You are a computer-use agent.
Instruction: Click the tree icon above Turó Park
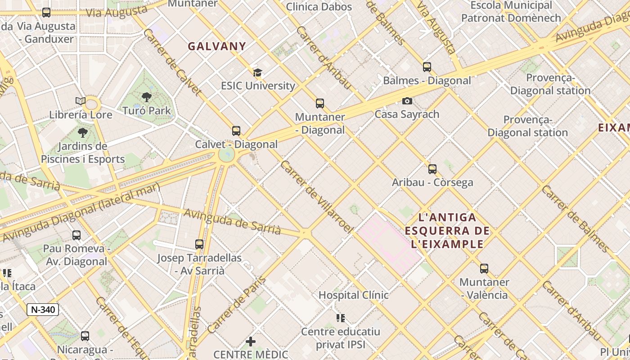pyautogui.click(x=146, y=97)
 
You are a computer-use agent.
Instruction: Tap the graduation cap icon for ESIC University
pyautogui.click(x=257, y=72)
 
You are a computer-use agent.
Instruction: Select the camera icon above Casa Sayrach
pyautogui.click(x=407, y=101)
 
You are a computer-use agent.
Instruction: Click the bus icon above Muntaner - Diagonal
pyautogui.click(x=320, y=103)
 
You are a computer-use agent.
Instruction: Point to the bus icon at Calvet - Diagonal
pyautogui.click(x=236, y=131)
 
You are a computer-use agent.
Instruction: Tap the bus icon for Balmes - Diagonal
pyautogui.click(x=427, y=67)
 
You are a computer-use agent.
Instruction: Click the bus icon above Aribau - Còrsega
pyautogui.click(x=432, y=169)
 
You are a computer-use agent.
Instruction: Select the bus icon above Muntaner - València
pyautogui.click(x=484, y=269)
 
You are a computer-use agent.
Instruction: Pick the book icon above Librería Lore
pyautogui.click(x=81, y=101)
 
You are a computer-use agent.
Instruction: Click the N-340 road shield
pyautogui.click(x=43, y=310)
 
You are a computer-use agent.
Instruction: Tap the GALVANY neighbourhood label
pyautogui.click(x=217, y=46)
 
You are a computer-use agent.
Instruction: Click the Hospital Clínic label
pyautogui.click(x=353, y=295)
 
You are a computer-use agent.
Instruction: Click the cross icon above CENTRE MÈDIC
pyautogui.click(x=251, y=342)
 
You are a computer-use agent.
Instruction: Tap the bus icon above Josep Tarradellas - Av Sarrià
pyautogui.click(x=199, y=244)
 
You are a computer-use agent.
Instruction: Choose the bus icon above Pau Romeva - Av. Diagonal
pyautogui.click(x=76, y=235)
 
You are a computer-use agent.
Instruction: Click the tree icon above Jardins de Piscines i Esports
pyautogui.click(x=82, y=132)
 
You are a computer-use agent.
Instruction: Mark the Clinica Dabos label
pyautogui.click(x=319, y=6)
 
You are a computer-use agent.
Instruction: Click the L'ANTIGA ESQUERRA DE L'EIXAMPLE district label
pyautogui.click(x=447, y=231)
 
